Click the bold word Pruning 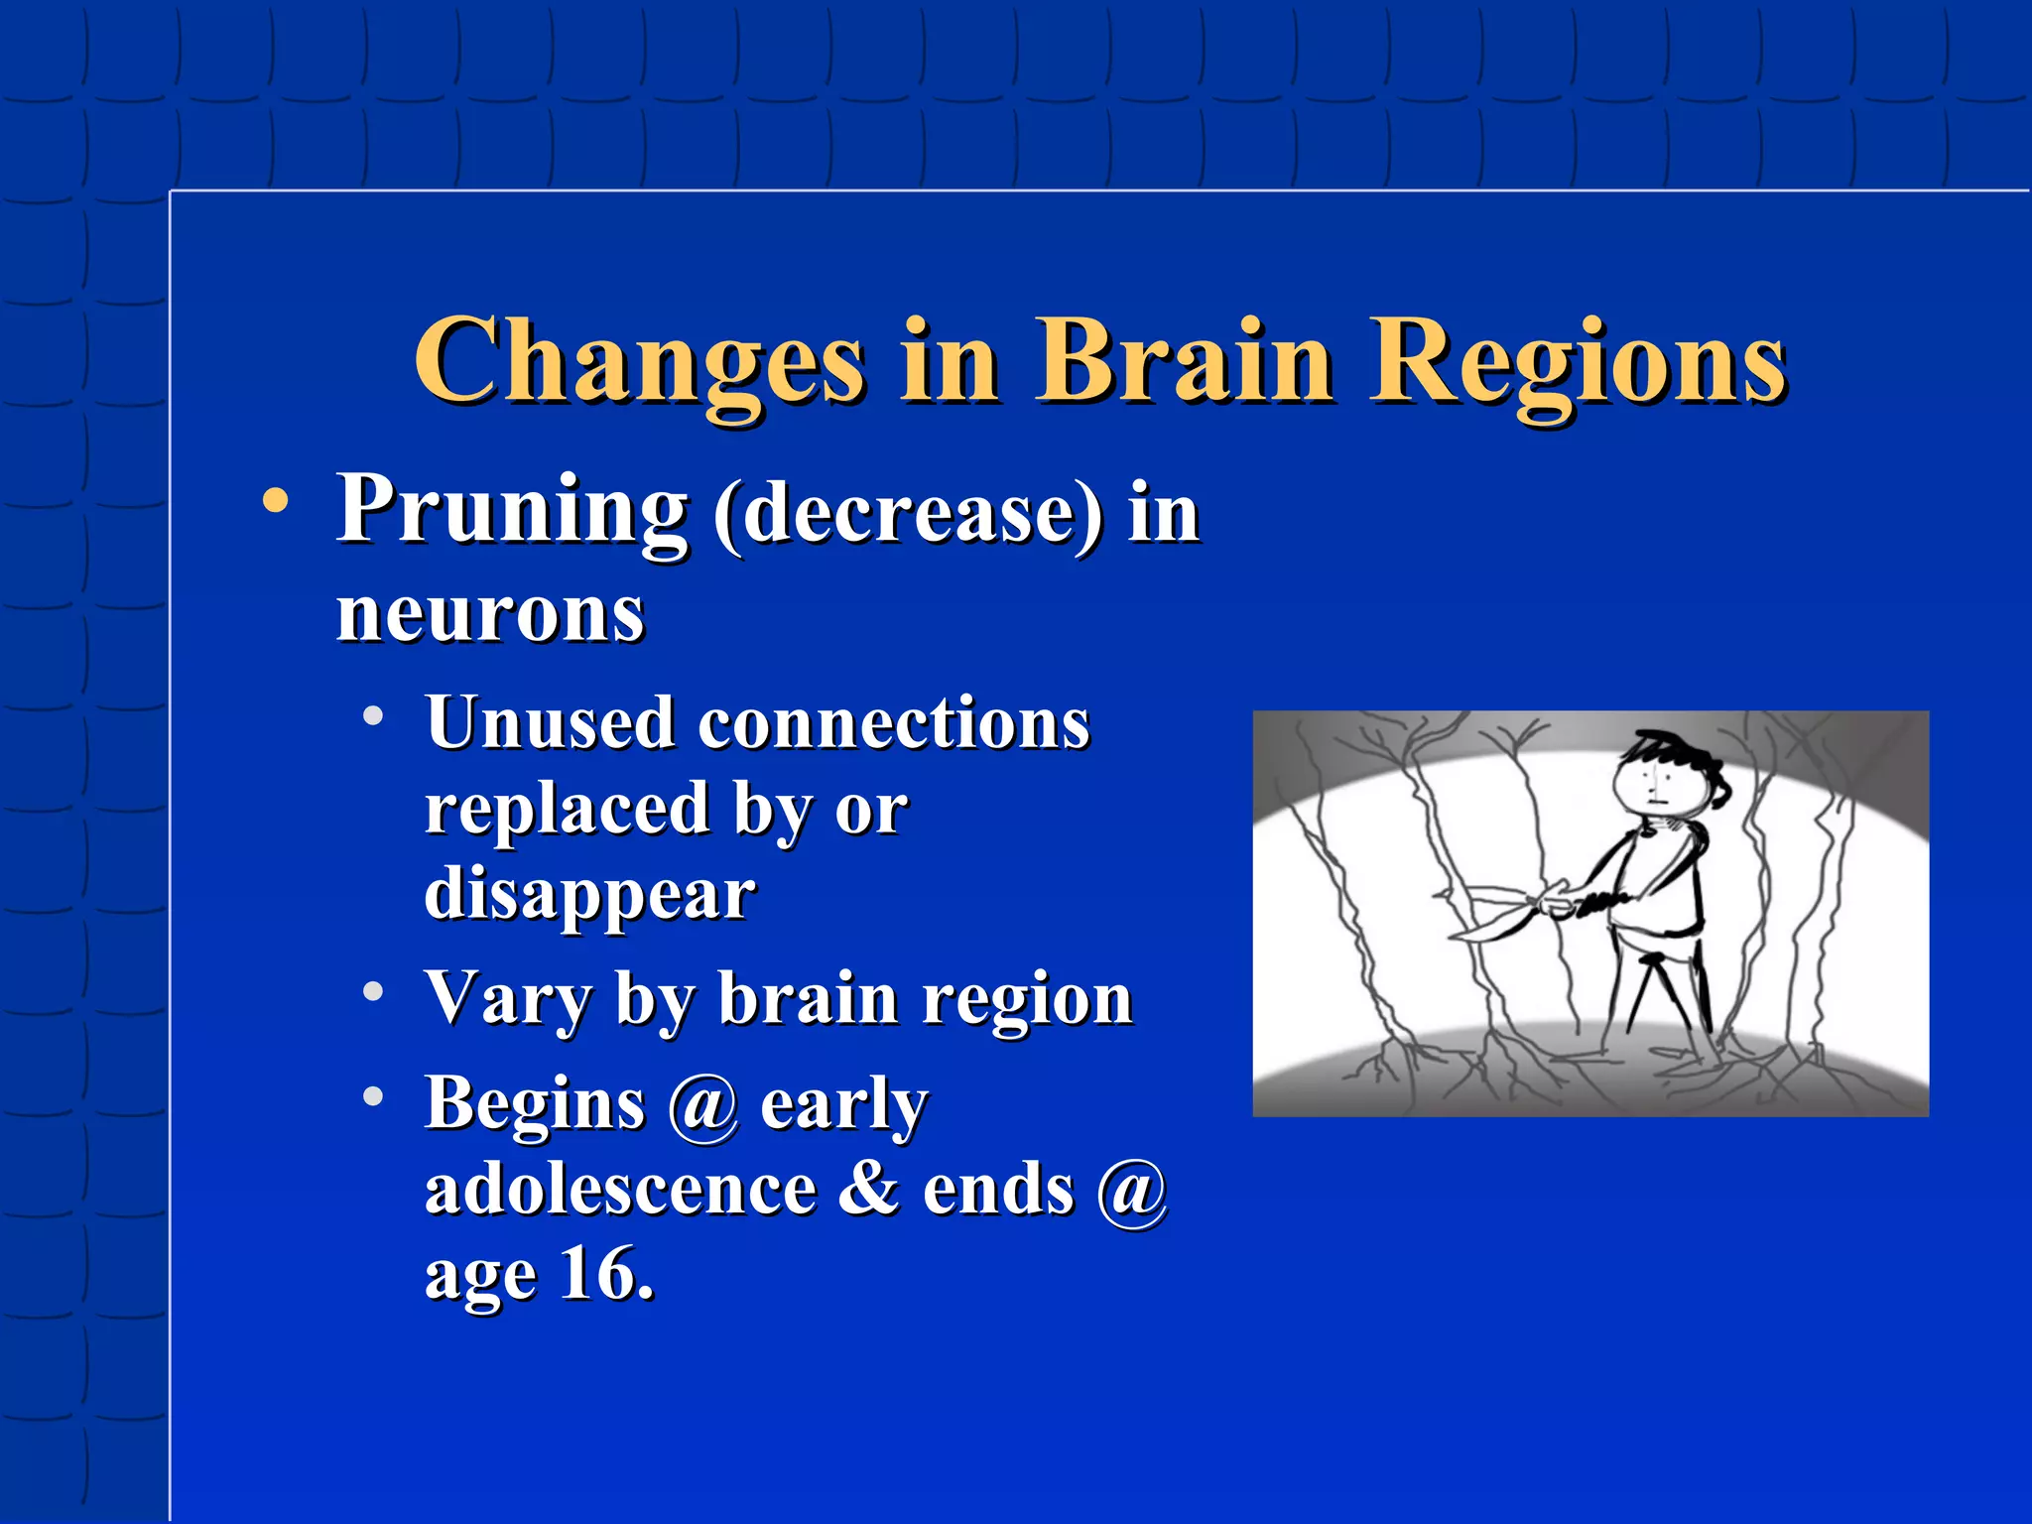(512, 510)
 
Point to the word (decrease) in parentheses (908, 514)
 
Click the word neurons (490, 615)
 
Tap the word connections (894, 724)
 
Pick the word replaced (567, 810)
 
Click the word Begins (535, 1103)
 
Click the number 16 (605, 1274)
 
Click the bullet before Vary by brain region (373, 991)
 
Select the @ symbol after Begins (702, 1105)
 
